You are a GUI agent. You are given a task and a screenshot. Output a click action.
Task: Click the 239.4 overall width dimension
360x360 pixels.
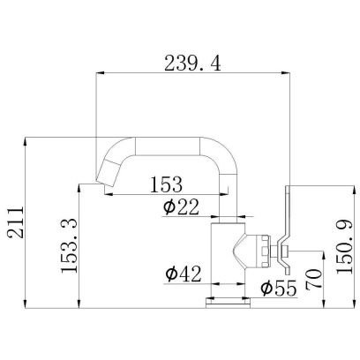pyautogui.click(x=192, y=64)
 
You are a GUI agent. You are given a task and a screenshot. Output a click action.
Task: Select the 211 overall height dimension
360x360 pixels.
pyautogui.click(x=16, y=222)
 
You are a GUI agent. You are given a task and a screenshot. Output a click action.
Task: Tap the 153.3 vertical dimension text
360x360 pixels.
pyautogui.click(x=69, y=245)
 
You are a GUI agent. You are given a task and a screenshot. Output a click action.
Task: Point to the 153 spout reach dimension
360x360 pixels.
pyautogui.click(x=166, y=184)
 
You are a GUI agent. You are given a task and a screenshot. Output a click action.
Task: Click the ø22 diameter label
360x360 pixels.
pyautogui.click(x=181, y=206)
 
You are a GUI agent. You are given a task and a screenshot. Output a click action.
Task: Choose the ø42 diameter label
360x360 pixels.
pyautogui.click(x=184, y=274)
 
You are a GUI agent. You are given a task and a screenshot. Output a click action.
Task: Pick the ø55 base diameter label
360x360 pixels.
pyautogui.click(x=278, y=288)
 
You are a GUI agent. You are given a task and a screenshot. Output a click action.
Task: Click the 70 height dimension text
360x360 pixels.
pyautogui.click(x=313, y=279)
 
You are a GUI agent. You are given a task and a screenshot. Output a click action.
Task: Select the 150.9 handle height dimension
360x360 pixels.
pyautogui.click(x=344, y=247)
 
